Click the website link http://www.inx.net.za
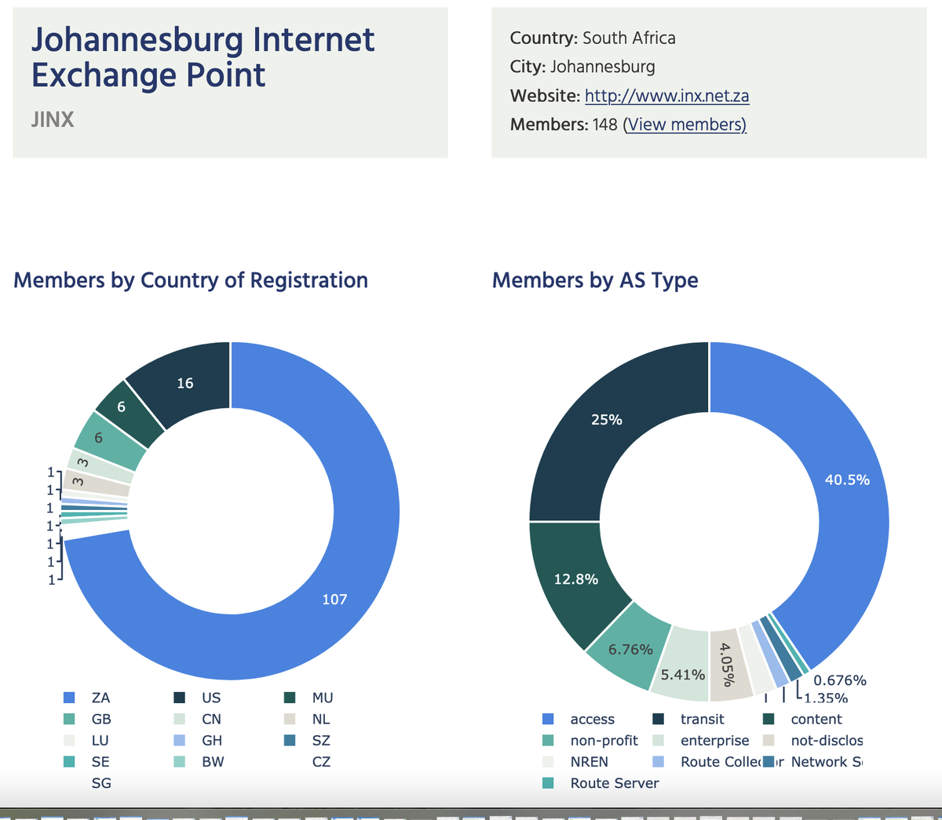666,96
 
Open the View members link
685,125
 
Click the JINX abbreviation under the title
53,119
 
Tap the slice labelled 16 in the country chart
184,383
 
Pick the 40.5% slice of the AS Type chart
846,479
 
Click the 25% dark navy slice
606,420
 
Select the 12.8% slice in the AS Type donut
575,579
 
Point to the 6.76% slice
630,649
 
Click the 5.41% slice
682,674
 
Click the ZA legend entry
100,698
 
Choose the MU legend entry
322,698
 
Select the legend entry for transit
702,719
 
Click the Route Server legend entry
614,783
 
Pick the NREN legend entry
589,762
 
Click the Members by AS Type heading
594,280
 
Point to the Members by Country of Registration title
191,280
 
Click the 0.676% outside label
839,680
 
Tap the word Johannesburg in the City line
602,67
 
